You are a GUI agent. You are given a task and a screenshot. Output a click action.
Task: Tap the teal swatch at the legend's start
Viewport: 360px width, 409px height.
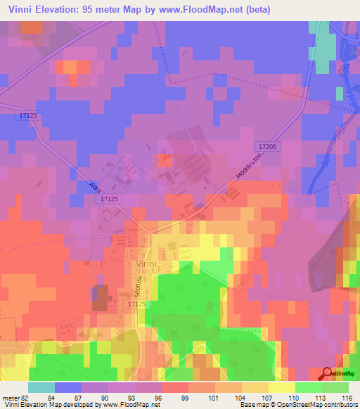41,387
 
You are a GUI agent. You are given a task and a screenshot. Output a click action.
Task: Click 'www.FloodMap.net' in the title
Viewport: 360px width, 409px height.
198,9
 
